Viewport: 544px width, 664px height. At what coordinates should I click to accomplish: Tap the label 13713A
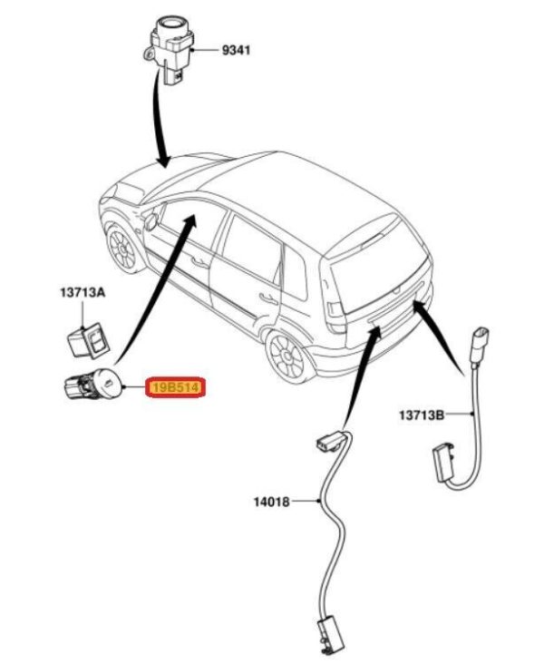coord(83,293)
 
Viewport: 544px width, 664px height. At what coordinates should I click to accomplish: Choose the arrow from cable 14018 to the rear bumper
coord(358,373)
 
